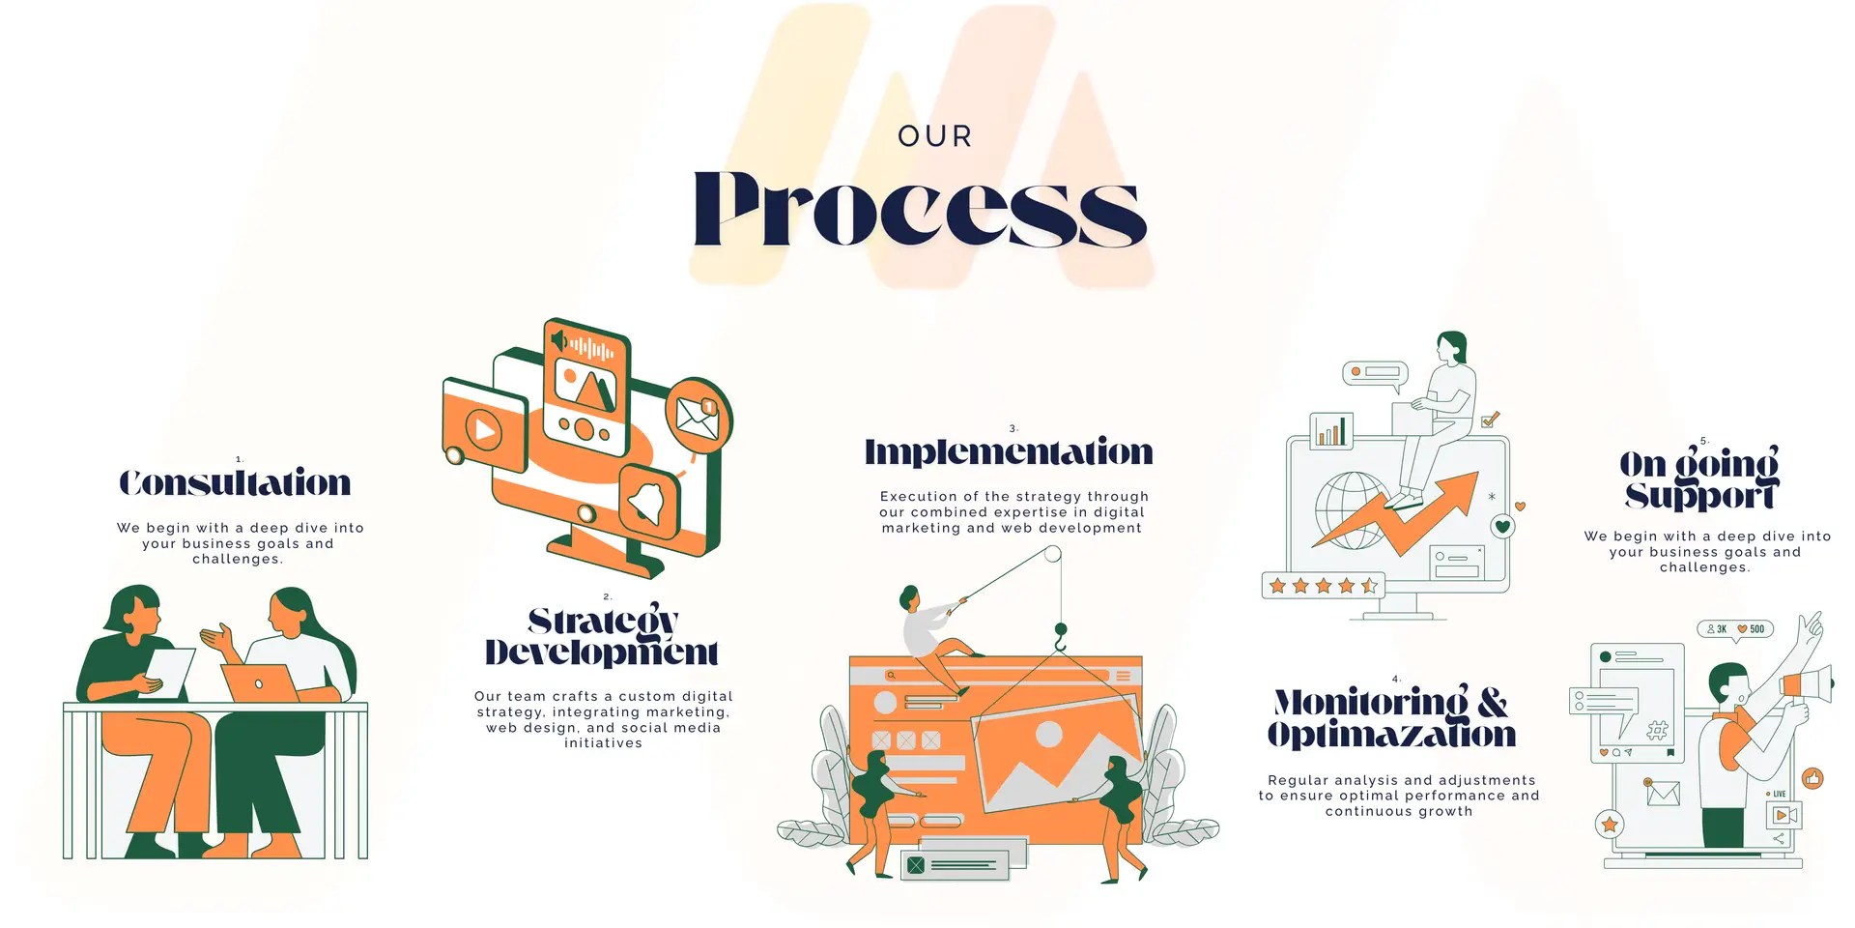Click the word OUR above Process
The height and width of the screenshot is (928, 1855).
pos(934,136)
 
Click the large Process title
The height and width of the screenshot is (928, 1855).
pos(920,210)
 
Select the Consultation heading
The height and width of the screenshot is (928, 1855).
pos(235,482)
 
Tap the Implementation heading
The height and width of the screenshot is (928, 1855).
pos(1009,451)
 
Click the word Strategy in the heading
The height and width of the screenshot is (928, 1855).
pos(603,621)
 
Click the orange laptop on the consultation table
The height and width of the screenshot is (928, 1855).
pos(259,682)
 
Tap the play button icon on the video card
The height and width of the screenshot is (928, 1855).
pos(484,429)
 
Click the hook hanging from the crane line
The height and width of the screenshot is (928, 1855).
pos(1061,638)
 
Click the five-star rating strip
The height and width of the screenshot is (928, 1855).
pos(1323,586)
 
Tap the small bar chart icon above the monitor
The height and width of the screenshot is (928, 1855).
pos(1330,431)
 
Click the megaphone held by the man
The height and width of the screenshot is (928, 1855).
pos(1806,684)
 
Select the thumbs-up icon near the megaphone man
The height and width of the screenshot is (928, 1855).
pos(1812,777)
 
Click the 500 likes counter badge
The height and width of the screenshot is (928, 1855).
pos(1751,629)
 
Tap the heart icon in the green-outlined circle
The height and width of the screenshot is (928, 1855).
pos(1502,527)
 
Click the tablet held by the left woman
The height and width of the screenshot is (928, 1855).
pos(168,672)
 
